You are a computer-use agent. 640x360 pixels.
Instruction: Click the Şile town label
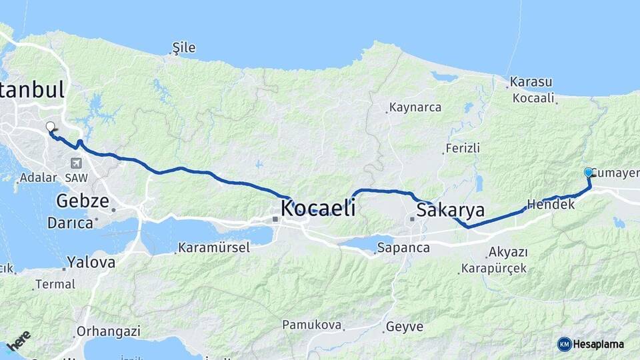pos(184,47)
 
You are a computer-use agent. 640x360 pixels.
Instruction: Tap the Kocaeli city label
pos(317,208)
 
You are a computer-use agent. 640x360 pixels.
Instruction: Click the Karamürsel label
pos(214,248)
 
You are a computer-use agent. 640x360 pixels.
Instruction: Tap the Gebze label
pos(83,201)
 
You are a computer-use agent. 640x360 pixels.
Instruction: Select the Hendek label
pos(551,205)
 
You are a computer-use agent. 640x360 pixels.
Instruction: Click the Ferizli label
pos(463,148)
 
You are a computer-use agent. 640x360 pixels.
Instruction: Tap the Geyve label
pos(404,327)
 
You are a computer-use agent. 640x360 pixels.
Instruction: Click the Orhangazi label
pos(108,331)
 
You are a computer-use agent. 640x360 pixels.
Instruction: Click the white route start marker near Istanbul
pos(50,126)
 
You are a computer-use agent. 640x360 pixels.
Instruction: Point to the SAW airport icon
pos(76,163)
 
